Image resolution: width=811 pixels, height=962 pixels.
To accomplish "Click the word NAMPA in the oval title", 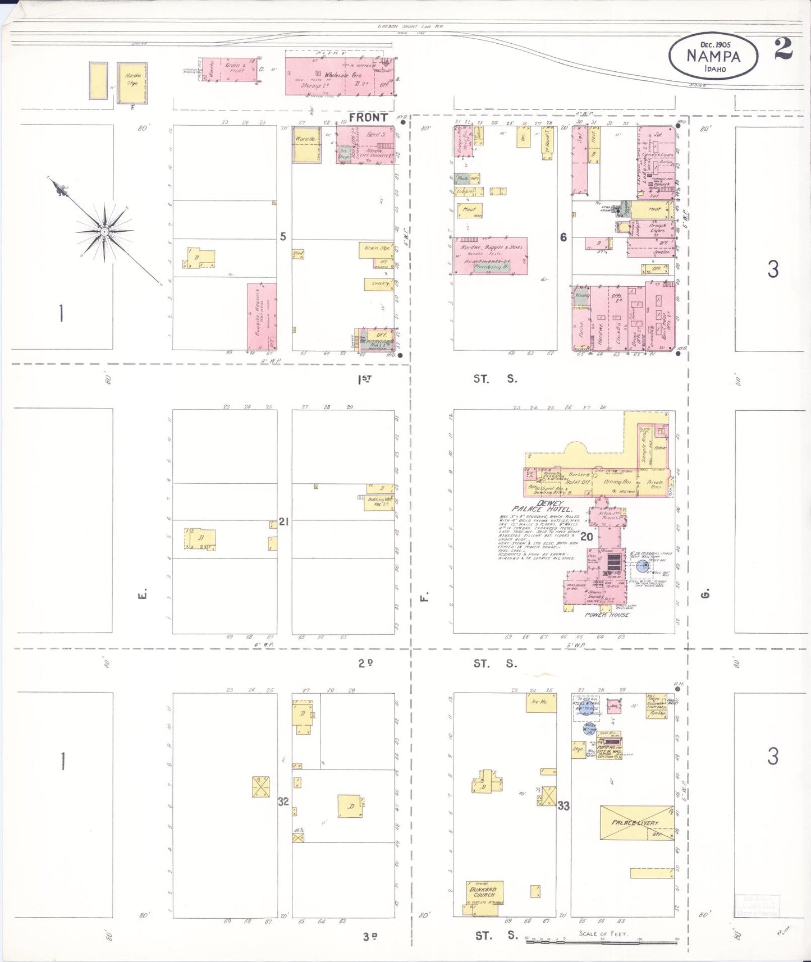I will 713,56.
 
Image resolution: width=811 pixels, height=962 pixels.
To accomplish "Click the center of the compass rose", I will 104,231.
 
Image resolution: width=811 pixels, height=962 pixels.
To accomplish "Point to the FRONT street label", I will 368,117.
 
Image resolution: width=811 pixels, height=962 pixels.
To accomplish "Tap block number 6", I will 563,237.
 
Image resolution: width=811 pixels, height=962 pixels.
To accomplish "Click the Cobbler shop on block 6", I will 466,191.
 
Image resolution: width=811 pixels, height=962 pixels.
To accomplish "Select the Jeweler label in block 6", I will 661,252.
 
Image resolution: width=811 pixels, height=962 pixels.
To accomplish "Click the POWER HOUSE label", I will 607,615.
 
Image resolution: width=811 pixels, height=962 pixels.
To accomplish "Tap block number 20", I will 587,537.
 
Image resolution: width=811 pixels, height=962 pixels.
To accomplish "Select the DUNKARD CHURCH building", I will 483,892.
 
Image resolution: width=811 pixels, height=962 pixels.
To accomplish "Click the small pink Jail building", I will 614,706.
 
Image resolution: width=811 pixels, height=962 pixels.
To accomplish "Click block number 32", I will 283,801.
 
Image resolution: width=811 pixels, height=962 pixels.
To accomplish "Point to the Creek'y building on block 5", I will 380,284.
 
